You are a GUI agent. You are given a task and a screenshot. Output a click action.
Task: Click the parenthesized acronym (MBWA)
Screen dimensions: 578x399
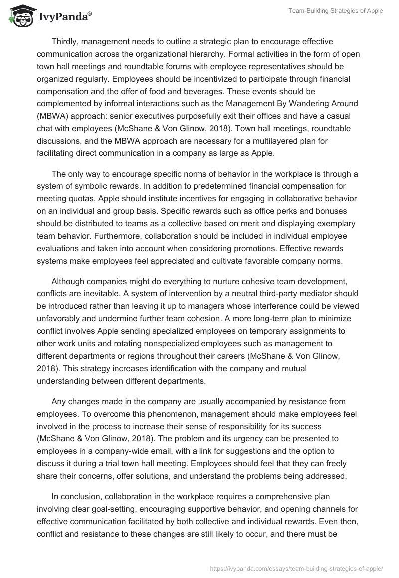click(x=53, y=116)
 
